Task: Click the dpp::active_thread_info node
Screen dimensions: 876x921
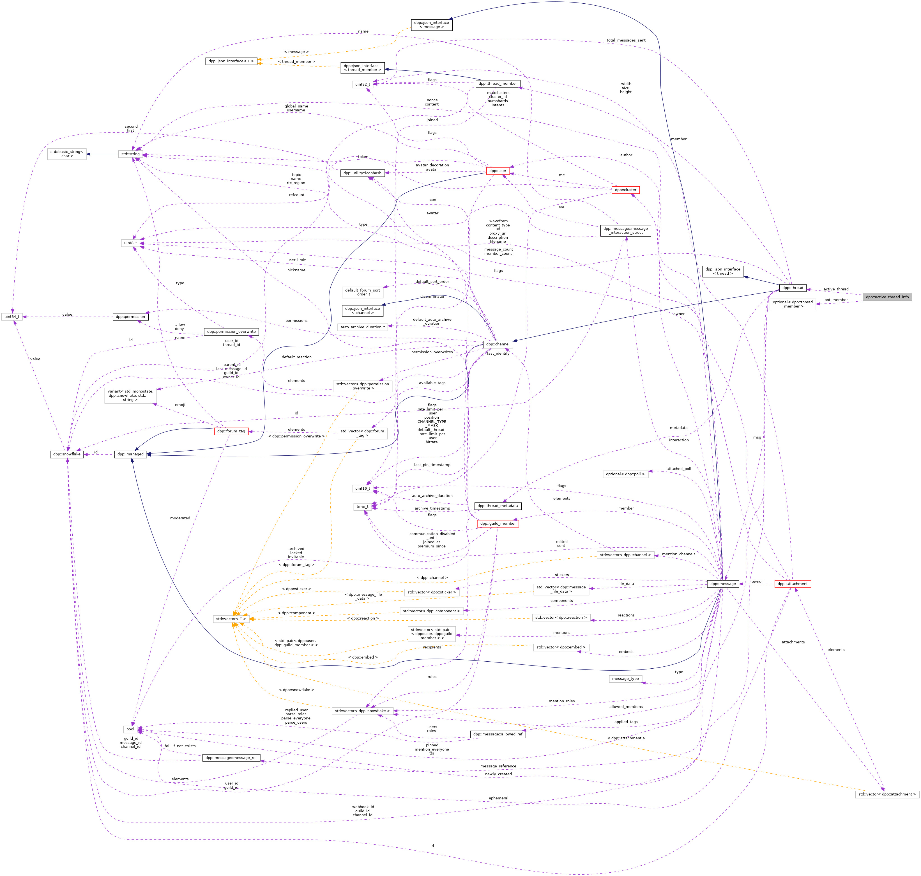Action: (x=887, y=297)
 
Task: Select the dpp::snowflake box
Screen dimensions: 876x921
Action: (x=67, y=454)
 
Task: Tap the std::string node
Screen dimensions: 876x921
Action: (x=130, y=154)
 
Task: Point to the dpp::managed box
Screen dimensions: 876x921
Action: (x=131, y=454)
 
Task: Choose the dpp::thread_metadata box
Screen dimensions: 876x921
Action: (x=498, y=506)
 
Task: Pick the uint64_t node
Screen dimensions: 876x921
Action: (x=12, y=317)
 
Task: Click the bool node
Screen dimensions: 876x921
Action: (x=130, y=729)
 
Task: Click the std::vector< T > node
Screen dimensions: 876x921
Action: (x=231, y=619)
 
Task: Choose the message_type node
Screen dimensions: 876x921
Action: (x=625, y=678)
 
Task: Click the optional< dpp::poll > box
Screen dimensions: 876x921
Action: (x=625, y=474)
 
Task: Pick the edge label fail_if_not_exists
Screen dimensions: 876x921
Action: (x=180, y=746)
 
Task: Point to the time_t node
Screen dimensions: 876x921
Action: (x=363, y=507)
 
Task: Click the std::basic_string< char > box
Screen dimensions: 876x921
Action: (x=67, y=154)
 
